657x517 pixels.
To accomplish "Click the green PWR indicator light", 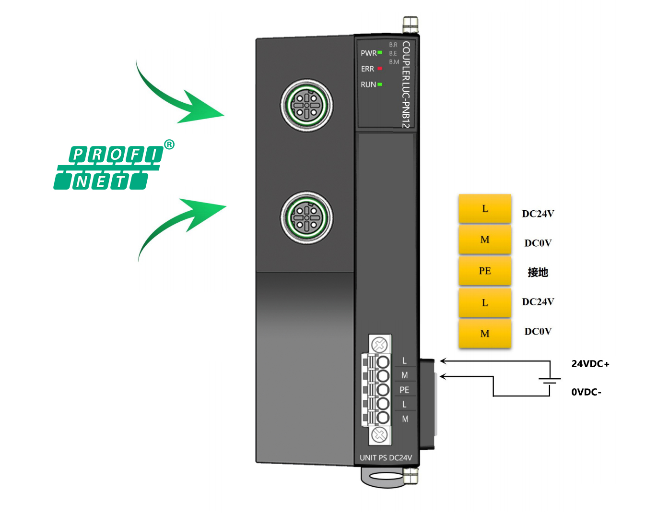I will tap(380, 52).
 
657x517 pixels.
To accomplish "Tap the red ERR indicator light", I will tap(380, 69).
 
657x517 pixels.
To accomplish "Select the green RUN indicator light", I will tap(380, 84).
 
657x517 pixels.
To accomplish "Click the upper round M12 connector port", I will tap(307, 105).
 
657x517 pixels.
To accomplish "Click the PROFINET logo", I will tap(108, 168).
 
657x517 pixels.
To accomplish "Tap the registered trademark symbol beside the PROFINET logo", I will tap(169, 144).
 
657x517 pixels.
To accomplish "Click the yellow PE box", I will tap(485, 271).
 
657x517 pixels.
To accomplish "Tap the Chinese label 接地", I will tap(538, 272).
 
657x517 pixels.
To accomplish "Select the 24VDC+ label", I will tap(590, 364).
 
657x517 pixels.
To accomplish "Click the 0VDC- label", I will tap(586, 392).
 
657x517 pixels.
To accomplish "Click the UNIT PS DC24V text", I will tap(386, 458).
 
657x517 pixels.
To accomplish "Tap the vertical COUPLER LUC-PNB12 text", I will tap(406, 84).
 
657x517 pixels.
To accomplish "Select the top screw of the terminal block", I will tap(380, 345).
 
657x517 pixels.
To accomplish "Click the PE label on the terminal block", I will tap(404, 390).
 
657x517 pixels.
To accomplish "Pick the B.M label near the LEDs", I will tap(394, 62).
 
